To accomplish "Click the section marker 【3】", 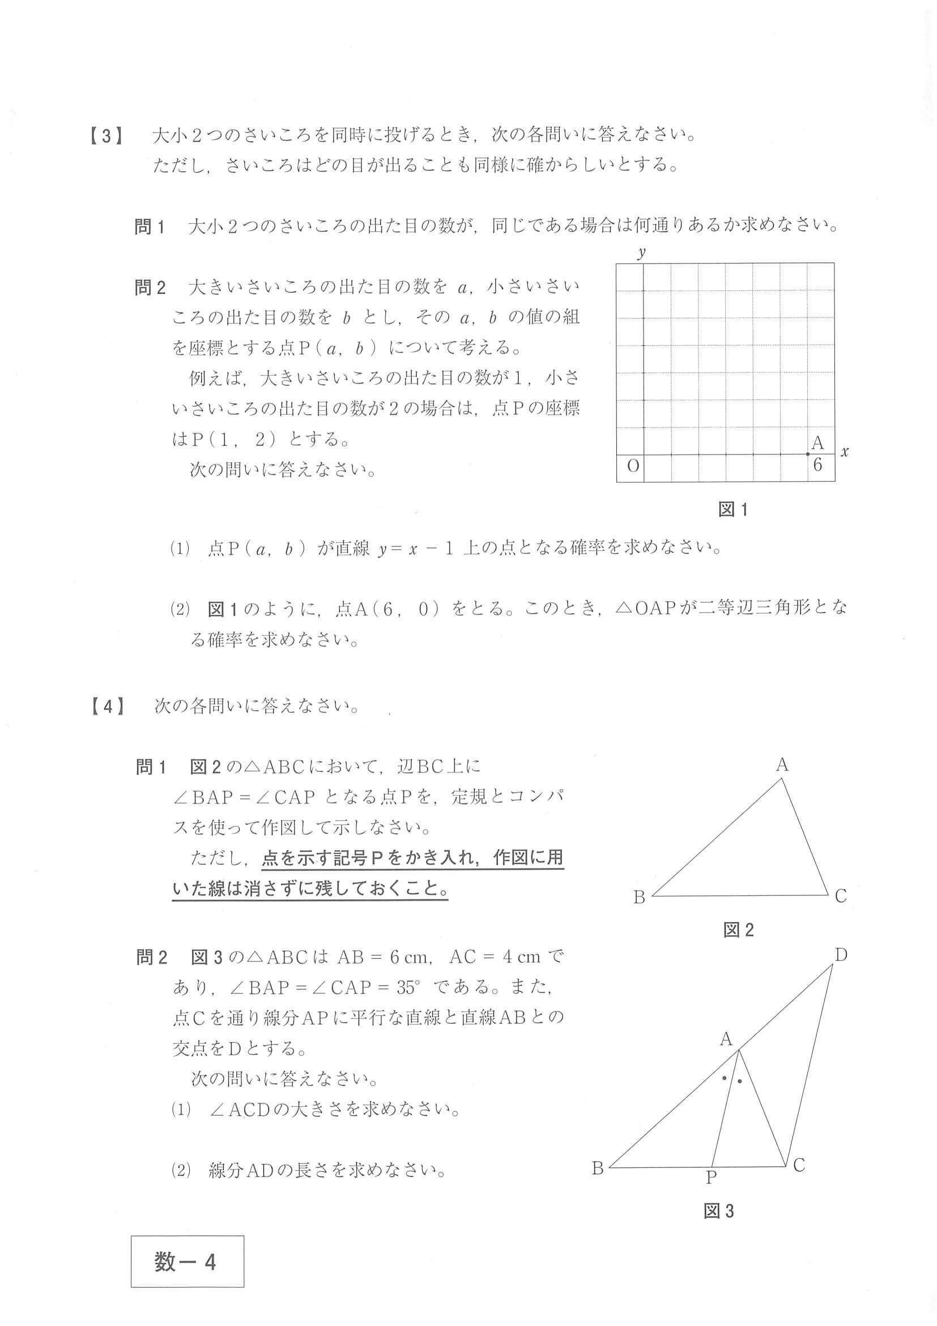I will pyautogui.click(x=108, y=137).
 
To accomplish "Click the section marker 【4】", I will pyautogui.click(x=108, y=706).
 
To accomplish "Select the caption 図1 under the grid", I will pyautogui.click(x=732, y=509).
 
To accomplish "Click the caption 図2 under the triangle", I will pyautogui.click(x=738, y=930).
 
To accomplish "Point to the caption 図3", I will pyautogui.click(x=719, y=1211).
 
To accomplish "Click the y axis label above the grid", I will pyautogui.click(x=641, y=252).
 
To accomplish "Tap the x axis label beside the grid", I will pyautogui.click(x=845, y=452).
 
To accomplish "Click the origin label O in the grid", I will pyautogui.click(x=633, y=465).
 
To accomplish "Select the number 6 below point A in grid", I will pyautogui.click(x=817, y=465).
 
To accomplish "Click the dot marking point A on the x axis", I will pyautogui.click(x=808, y=454).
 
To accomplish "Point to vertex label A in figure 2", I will pyautogui.click(x=782, y=765).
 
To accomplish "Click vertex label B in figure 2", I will pyautogui.click(x=639, y=897).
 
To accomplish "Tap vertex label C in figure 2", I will pyautogui.click(x=841, y=896).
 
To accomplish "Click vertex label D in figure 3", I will pyautogui.click(x=841, y=956).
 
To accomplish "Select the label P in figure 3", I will pyautogui.click(x=712, y=1177).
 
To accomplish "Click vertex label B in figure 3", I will pyautogui.click(x=598, y=1168).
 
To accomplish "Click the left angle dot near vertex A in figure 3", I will pyautogui.click(x=724, y=1078).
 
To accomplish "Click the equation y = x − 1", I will pyautogui.click(x=416, y=549).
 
